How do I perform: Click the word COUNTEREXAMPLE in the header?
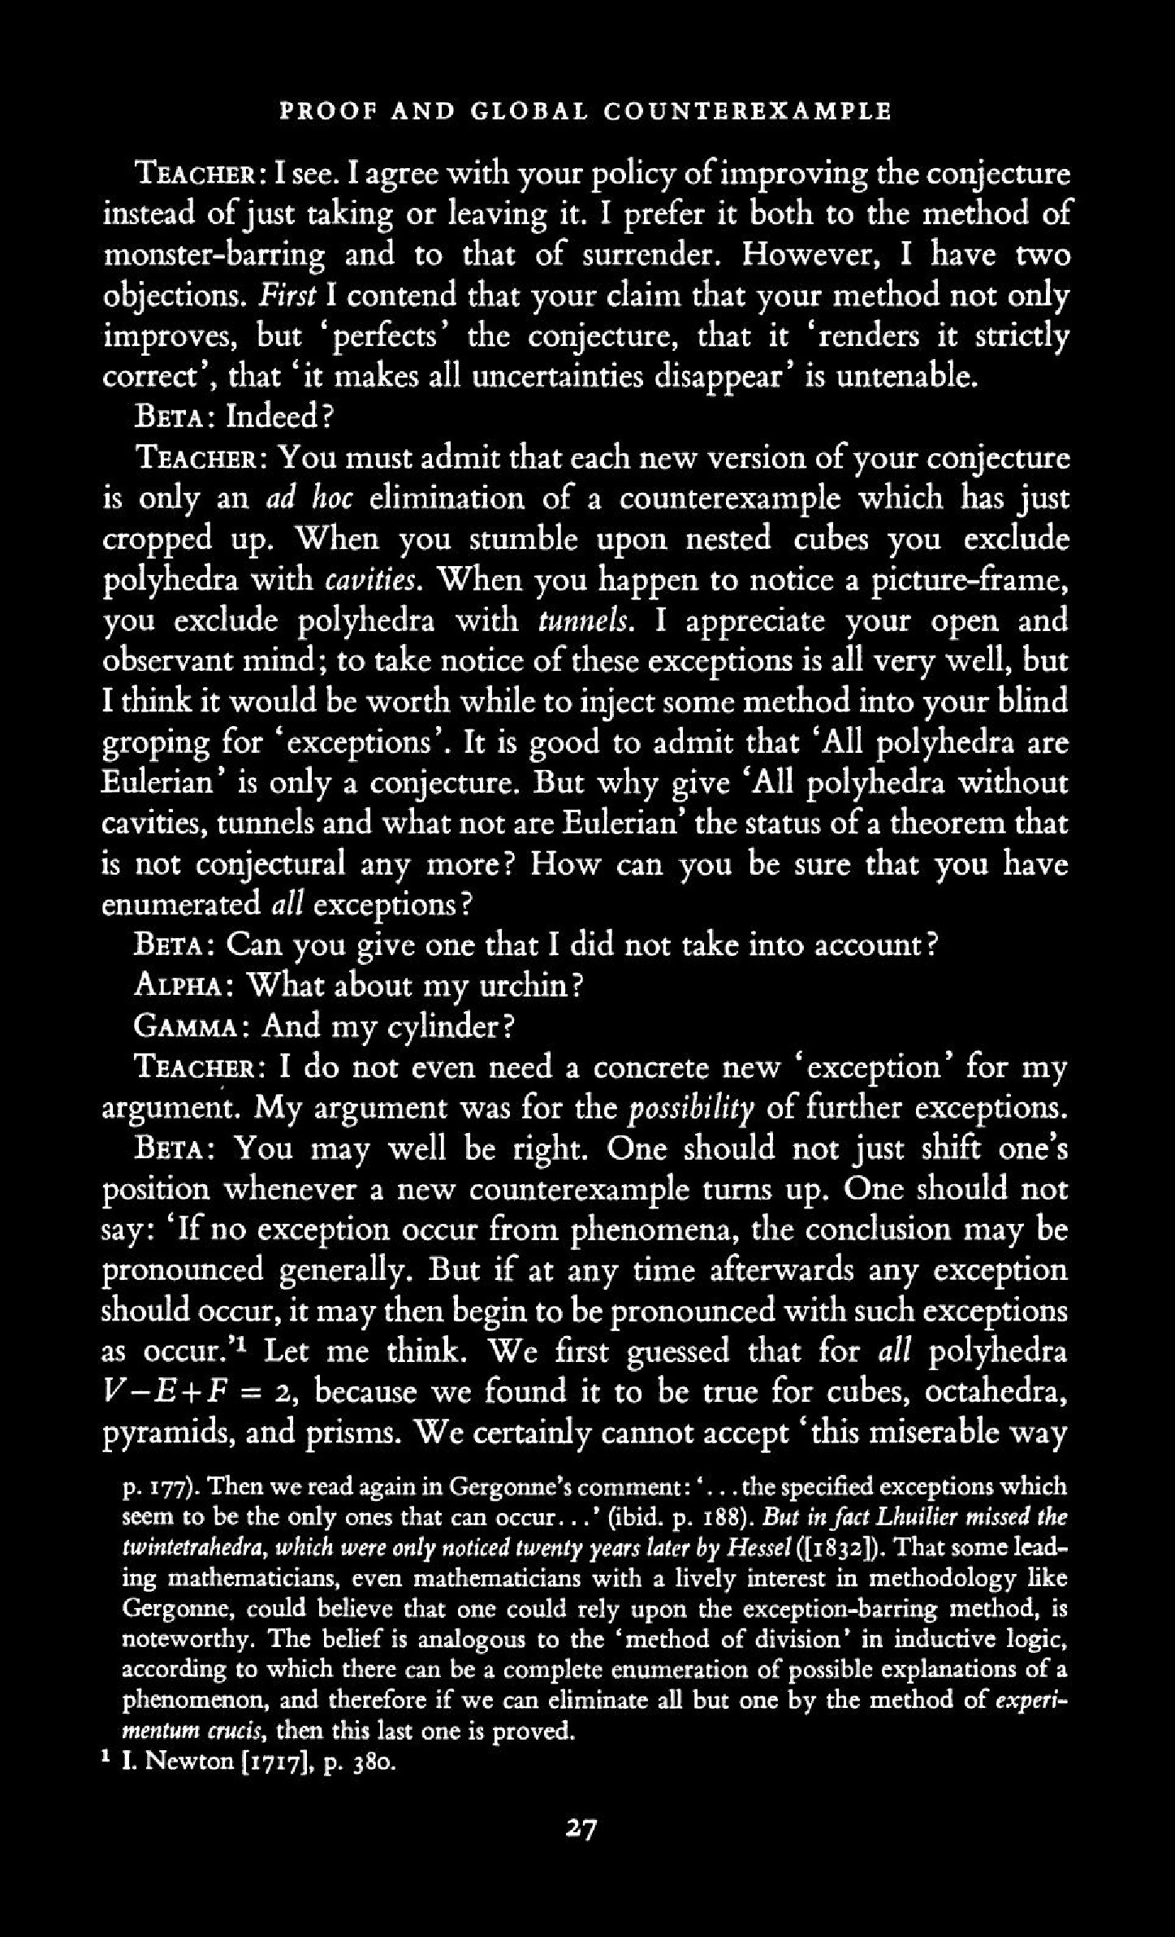[747, 110]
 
